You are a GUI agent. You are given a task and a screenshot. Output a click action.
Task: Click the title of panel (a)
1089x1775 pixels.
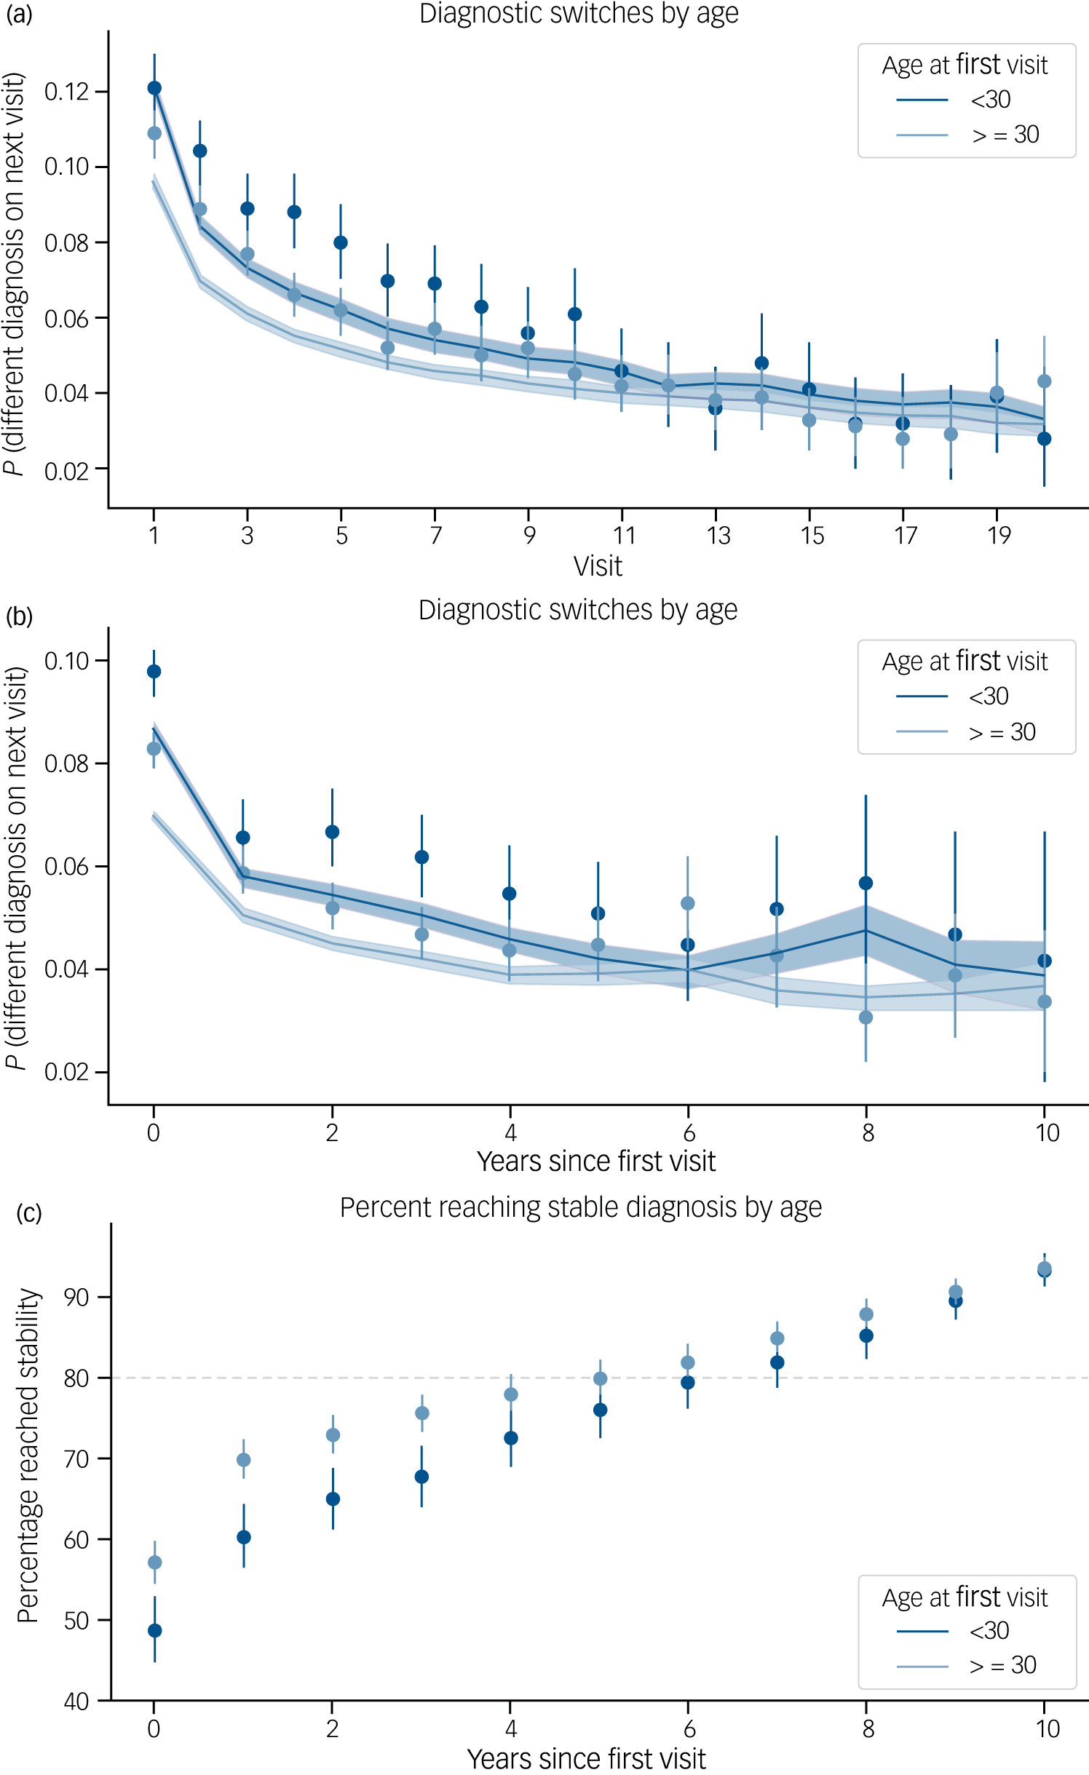(x=579, y=14)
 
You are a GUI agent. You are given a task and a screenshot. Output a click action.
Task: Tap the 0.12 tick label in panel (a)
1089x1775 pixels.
(x=66, y=92)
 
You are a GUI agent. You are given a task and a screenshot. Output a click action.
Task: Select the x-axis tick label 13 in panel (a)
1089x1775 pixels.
(x=718, y=536)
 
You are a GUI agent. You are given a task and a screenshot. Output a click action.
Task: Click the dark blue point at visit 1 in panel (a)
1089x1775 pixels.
(x=154, y=88)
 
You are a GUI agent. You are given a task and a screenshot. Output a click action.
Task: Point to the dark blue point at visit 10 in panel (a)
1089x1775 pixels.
(x=574, y=314)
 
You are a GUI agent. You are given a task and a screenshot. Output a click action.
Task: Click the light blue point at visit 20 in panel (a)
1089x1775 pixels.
(x=1044, y=381)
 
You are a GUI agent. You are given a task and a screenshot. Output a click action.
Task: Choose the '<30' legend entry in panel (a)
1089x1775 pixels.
(x=954, y=99)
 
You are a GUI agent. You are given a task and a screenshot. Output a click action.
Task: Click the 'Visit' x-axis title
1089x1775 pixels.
(x=598, y=566)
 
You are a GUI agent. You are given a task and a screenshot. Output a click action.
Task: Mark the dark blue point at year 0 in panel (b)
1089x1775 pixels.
(x=154, y=671)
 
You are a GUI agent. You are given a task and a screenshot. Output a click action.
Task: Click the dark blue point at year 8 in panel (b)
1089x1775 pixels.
(x=866, y=883)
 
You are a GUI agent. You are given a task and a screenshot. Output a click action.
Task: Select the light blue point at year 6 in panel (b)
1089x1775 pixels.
(x=687, y=903)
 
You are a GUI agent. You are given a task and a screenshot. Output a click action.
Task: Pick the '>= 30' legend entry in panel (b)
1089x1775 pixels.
(x=966, y=731)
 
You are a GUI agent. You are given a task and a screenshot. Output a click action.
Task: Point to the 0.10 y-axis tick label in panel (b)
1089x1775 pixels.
(x=66, y=661)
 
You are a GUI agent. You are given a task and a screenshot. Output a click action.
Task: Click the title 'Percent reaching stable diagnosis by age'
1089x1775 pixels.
(x=581, y=1207)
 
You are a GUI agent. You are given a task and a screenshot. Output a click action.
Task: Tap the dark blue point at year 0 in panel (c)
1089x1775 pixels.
(x=154, y=1630)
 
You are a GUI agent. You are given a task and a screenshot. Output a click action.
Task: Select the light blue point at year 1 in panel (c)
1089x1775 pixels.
(x=244, y=1460)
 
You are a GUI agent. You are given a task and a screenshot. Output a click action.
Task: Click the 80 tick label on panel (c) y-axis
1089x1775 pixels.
(x=76, y=1378)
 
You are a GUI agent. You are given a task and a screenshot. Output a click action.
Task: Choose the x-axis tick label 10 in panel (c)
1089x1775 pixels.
(x=1048, y=1728)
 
